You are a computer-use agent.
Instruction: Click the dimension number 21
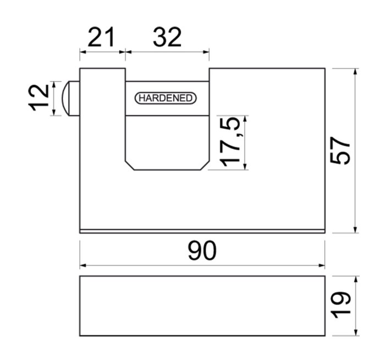pyautogui.click(x=101, y=37)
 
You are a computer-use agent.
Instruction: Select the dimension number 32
pyautogui.click(x=167, y=37)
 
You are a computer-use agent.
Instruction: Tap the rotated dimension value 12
pyautogui.click(x=38, y=98)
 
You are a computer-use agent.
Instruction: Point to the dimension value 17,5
pyautogui.click(x=229, y=142)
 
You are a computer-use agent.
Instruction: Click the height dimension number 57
pyautogui.click(x=340, y=150)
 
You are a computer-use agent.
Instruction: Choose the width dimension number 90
pyautogui.click(x=202, y=250)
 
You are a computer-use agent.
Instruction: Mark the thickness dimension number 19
pyautogui.click(x=340, y=305)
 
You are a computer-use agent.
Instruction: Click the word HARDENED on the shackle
pyautogui.click(x=166, y=98)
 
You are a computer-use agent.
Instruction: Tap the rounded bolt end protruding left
pyautogui.click(x=70, y=99)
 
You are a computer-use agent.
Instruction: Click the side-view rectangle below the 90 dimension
pyautogui.click(x=202, y=306)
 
